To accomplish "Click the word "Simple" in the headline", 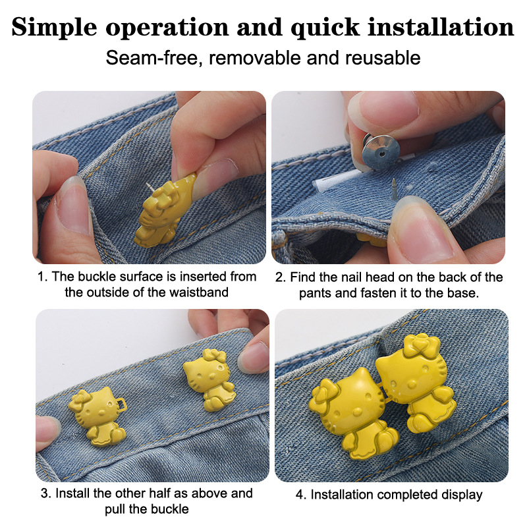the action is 54,28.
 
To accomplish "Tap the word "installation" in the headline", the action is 441,26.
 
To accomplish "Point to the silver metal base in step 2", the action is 381,152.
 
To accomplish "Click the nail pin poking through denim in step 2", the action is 394,189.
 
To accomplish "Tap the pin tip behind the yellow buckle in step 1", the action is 147,184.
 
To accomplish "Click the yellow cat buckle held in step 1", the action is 165,211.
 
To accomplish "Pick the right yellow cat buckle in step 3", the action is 209,380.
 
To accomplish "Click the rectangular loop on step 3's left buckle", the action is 121,404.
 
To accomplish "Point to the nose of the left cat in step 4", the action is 358,410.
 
